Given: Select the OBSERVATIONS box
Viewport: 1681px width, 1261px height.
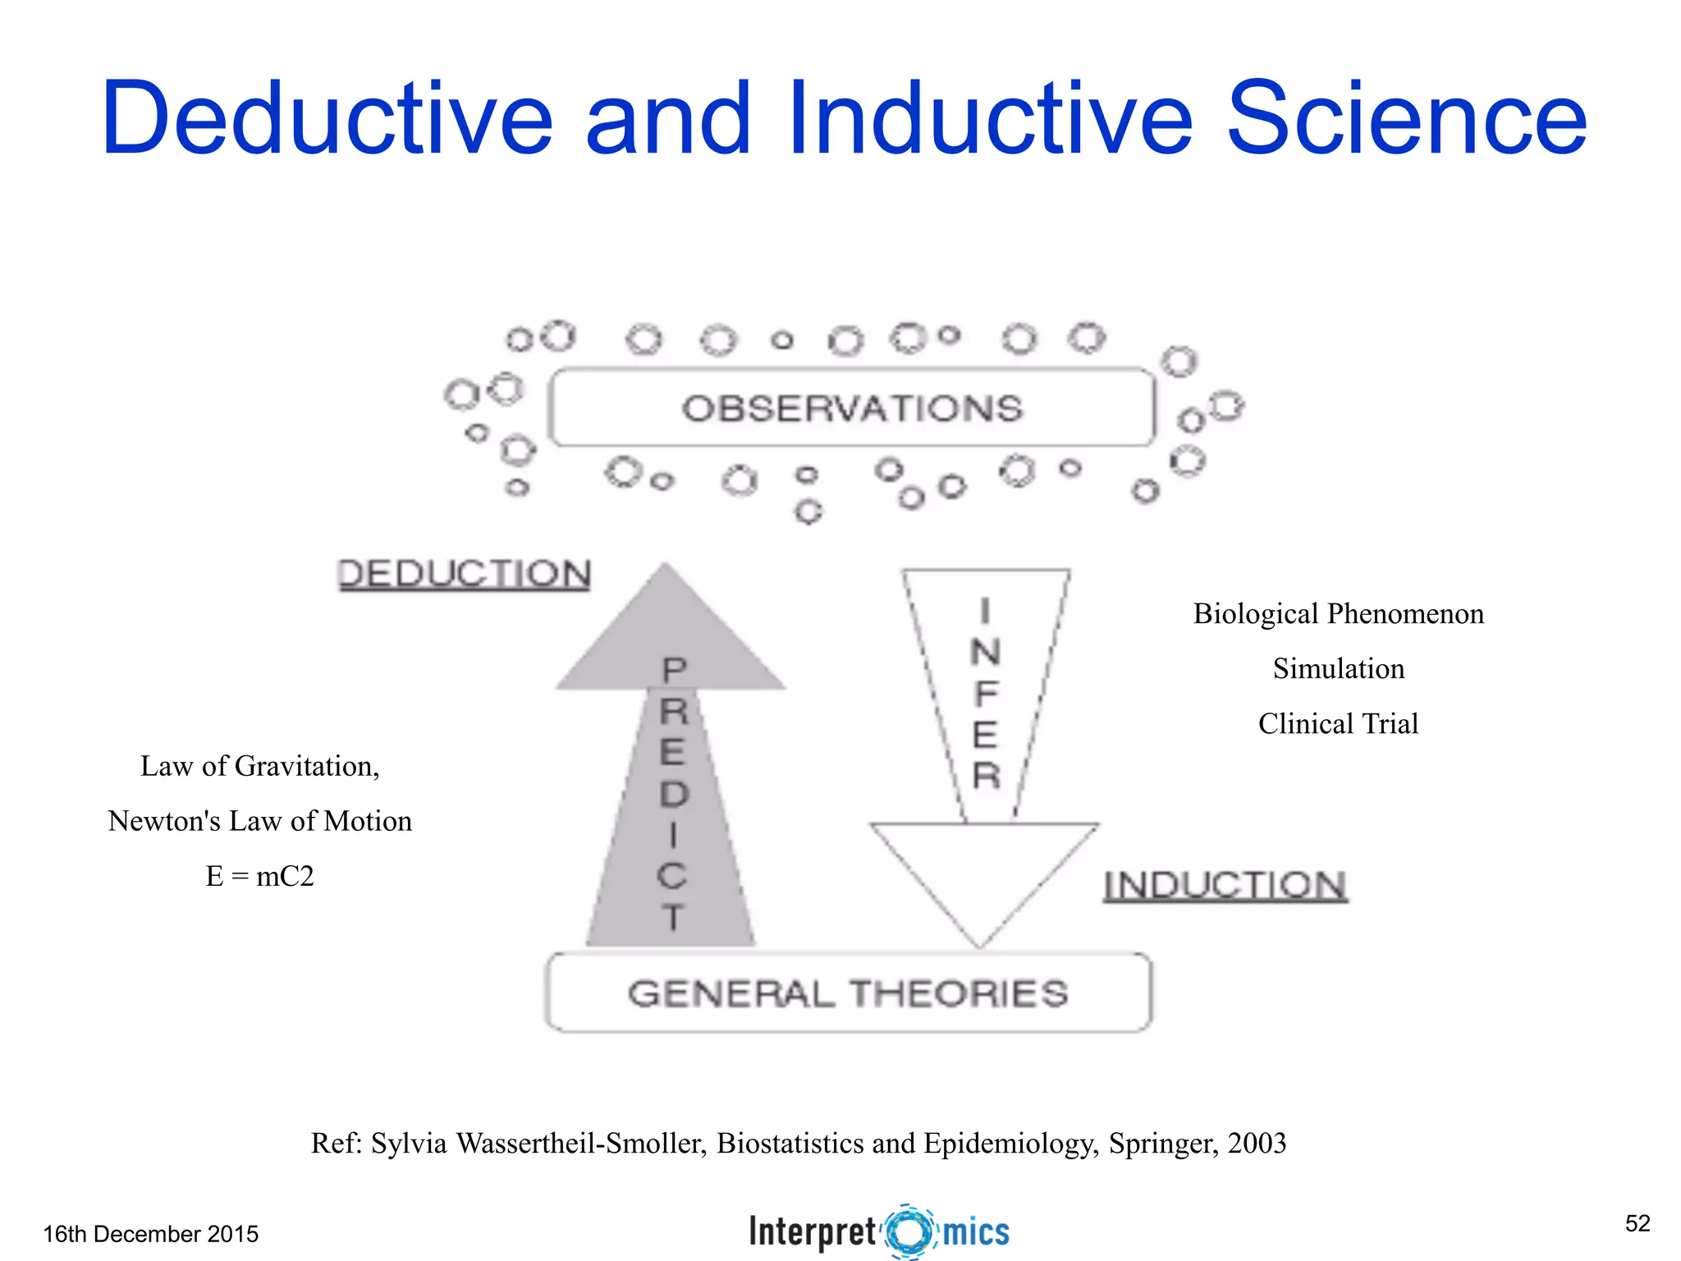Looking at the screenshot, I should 852,408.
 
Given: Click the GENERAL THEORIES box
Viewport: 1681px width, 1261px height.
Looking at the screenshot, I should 848,993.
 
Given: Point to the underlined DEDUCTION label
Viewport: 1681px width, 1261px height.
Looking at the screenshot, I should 464,574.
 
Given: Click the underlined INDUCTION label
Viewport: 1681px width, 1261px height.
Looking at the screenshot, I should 1225,886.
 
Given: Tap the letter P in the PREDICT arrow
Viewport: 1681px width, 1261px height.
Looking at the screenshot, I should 674,671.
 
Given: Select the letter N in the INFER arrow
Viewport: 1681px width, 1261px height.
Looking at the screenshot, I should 985,653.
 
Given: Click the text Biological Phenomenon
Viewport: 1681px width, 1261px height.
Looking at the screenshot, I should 1338,614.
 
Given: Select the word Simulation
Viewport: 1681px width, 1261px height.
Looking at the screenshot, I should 1338,669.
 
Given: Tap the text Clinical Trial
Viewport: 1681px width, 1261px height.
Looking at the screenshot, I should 1338,724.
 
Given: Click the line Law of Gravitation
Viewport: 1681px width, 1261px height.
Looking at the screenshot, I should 259,767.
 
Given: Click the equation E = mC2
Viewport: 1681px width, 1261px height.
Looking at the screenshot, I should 259,877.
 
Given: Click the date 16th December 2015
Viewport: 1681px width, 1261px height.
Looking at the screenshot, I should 151,1234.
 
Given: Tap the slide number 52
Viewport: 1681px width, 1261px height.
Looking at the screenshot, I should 1637,1223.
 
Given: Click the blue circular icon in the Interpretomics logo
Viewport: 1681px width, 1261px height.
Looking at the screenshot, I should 909,1231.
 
